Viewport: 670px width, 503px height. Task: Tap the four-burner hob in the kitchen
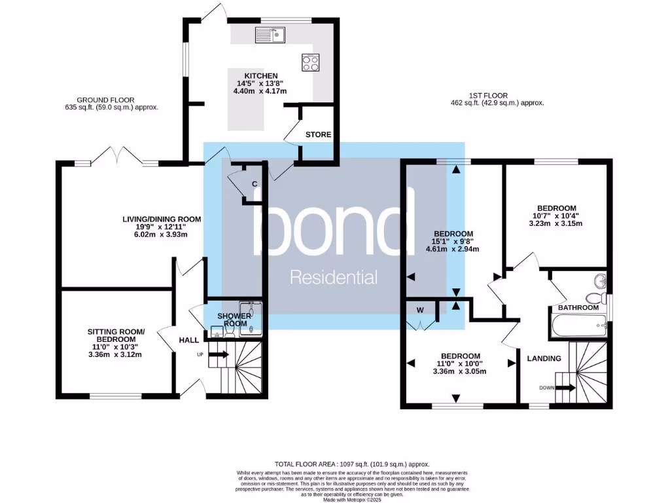pos(310,62)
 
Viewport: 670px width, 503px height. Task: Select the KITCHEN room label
pos(261,75)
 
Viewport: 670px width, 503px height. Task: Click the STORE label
pos(319,134)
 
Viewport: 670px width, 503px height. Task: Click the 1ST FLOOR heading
pos(488,95)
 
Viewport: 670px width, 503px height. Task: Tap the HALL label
pos(189,340)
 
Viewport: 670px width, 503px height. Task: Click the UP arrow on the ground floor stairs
pos(219,354)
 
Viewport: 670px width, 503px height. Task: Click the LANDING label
pos(544,358)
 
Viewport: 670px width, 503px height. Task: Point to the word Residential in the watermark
pos(334,278)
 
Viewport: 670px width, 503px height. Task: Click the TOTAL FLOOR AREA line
pos(334,464)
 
